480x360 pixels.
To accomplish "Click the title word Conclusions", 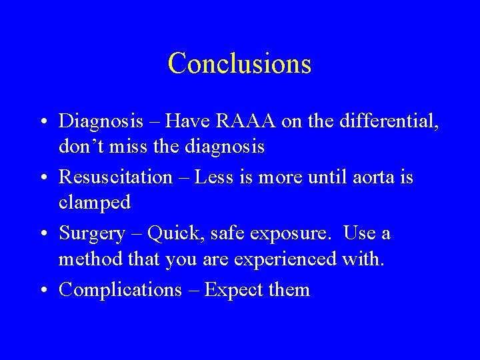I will [239, 64].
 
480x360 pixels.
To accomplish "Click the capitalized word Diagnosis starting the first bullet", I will [101, 122].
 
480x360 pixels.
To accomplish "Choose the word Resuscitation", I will [115, 177].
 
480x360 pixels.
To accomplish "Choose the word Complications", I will [120, 291].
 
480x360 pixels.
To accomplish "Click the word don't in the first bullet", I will [79, 146].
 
